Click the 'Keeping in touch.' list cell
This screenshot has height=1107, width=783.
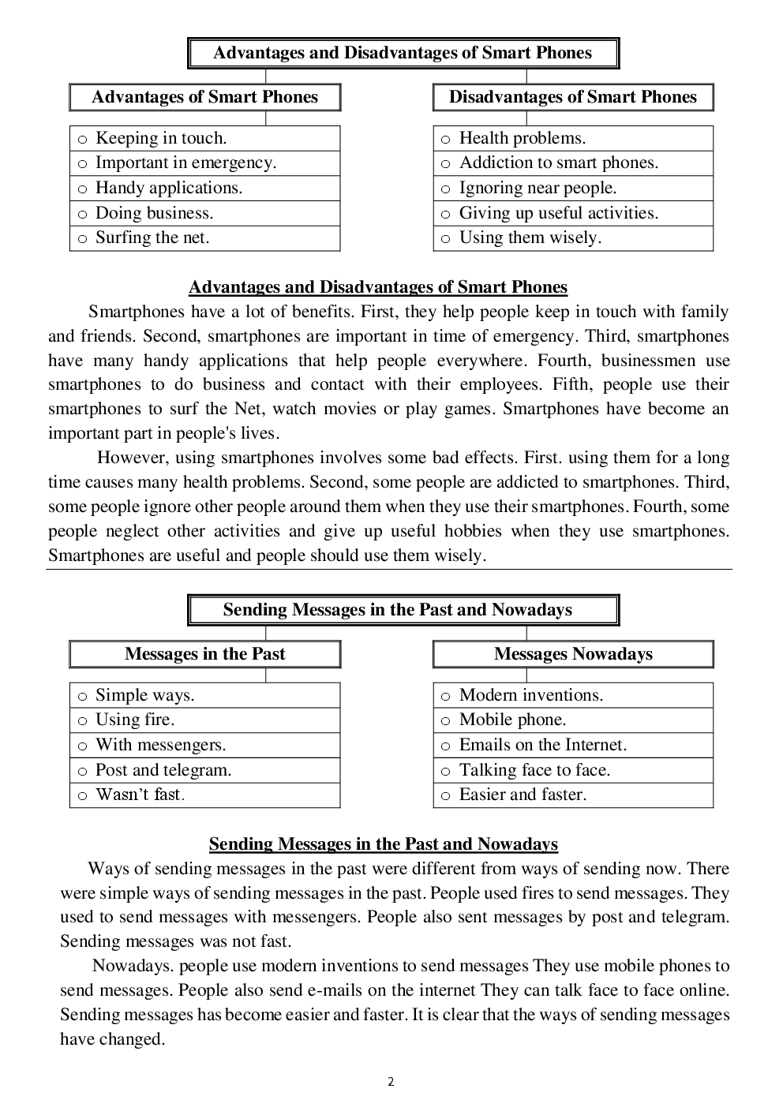(x=204, y=138)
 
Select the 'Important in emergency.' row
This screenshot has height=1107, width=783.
(x=204, y=163)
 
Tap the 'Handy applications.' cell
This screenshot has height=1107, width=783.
(x=204, y=188)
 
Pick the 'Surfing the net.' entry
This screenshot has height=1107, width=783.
(x=204, y=238)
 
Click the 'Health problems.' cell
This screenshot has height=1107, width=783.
(x=573, y=138)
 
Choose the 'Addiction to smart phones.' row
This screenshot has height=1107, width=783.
(x=573, y=163)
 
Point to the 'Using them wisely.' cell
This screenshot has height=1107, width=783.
(x=573, y=238)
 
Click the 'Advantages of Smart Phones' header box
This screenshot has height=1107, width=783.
(x=205, y=97)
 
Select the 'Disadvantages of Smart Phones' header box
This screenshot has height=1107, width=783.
(x=573, y=97)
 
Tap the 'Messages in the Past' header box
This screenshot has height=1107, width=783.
(x=205, y=654)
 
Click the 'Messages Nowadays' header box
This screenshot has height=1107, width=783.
(x=573, y=654)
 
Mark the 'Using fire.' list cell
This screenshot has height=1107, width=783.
(x=204, y=720)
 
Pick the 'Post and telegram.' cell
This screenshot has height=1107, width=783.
(x=204, y=770)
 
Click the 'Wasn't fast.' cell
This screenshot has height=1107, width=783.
(x=204, y=795)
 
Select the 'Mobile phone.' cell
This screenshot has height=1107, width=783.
(x=573, y=720)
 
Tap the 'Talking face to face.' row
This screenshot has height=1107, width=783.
(x=573, y=770)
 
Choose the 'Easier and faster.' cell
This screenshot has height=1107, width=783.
(x=573, y=795)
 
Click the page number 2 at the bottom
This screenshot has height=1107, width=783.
(x=391, y=1082)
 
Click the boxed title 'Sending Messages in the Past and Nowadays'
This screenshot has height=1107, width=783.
(x=403, y=610)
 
